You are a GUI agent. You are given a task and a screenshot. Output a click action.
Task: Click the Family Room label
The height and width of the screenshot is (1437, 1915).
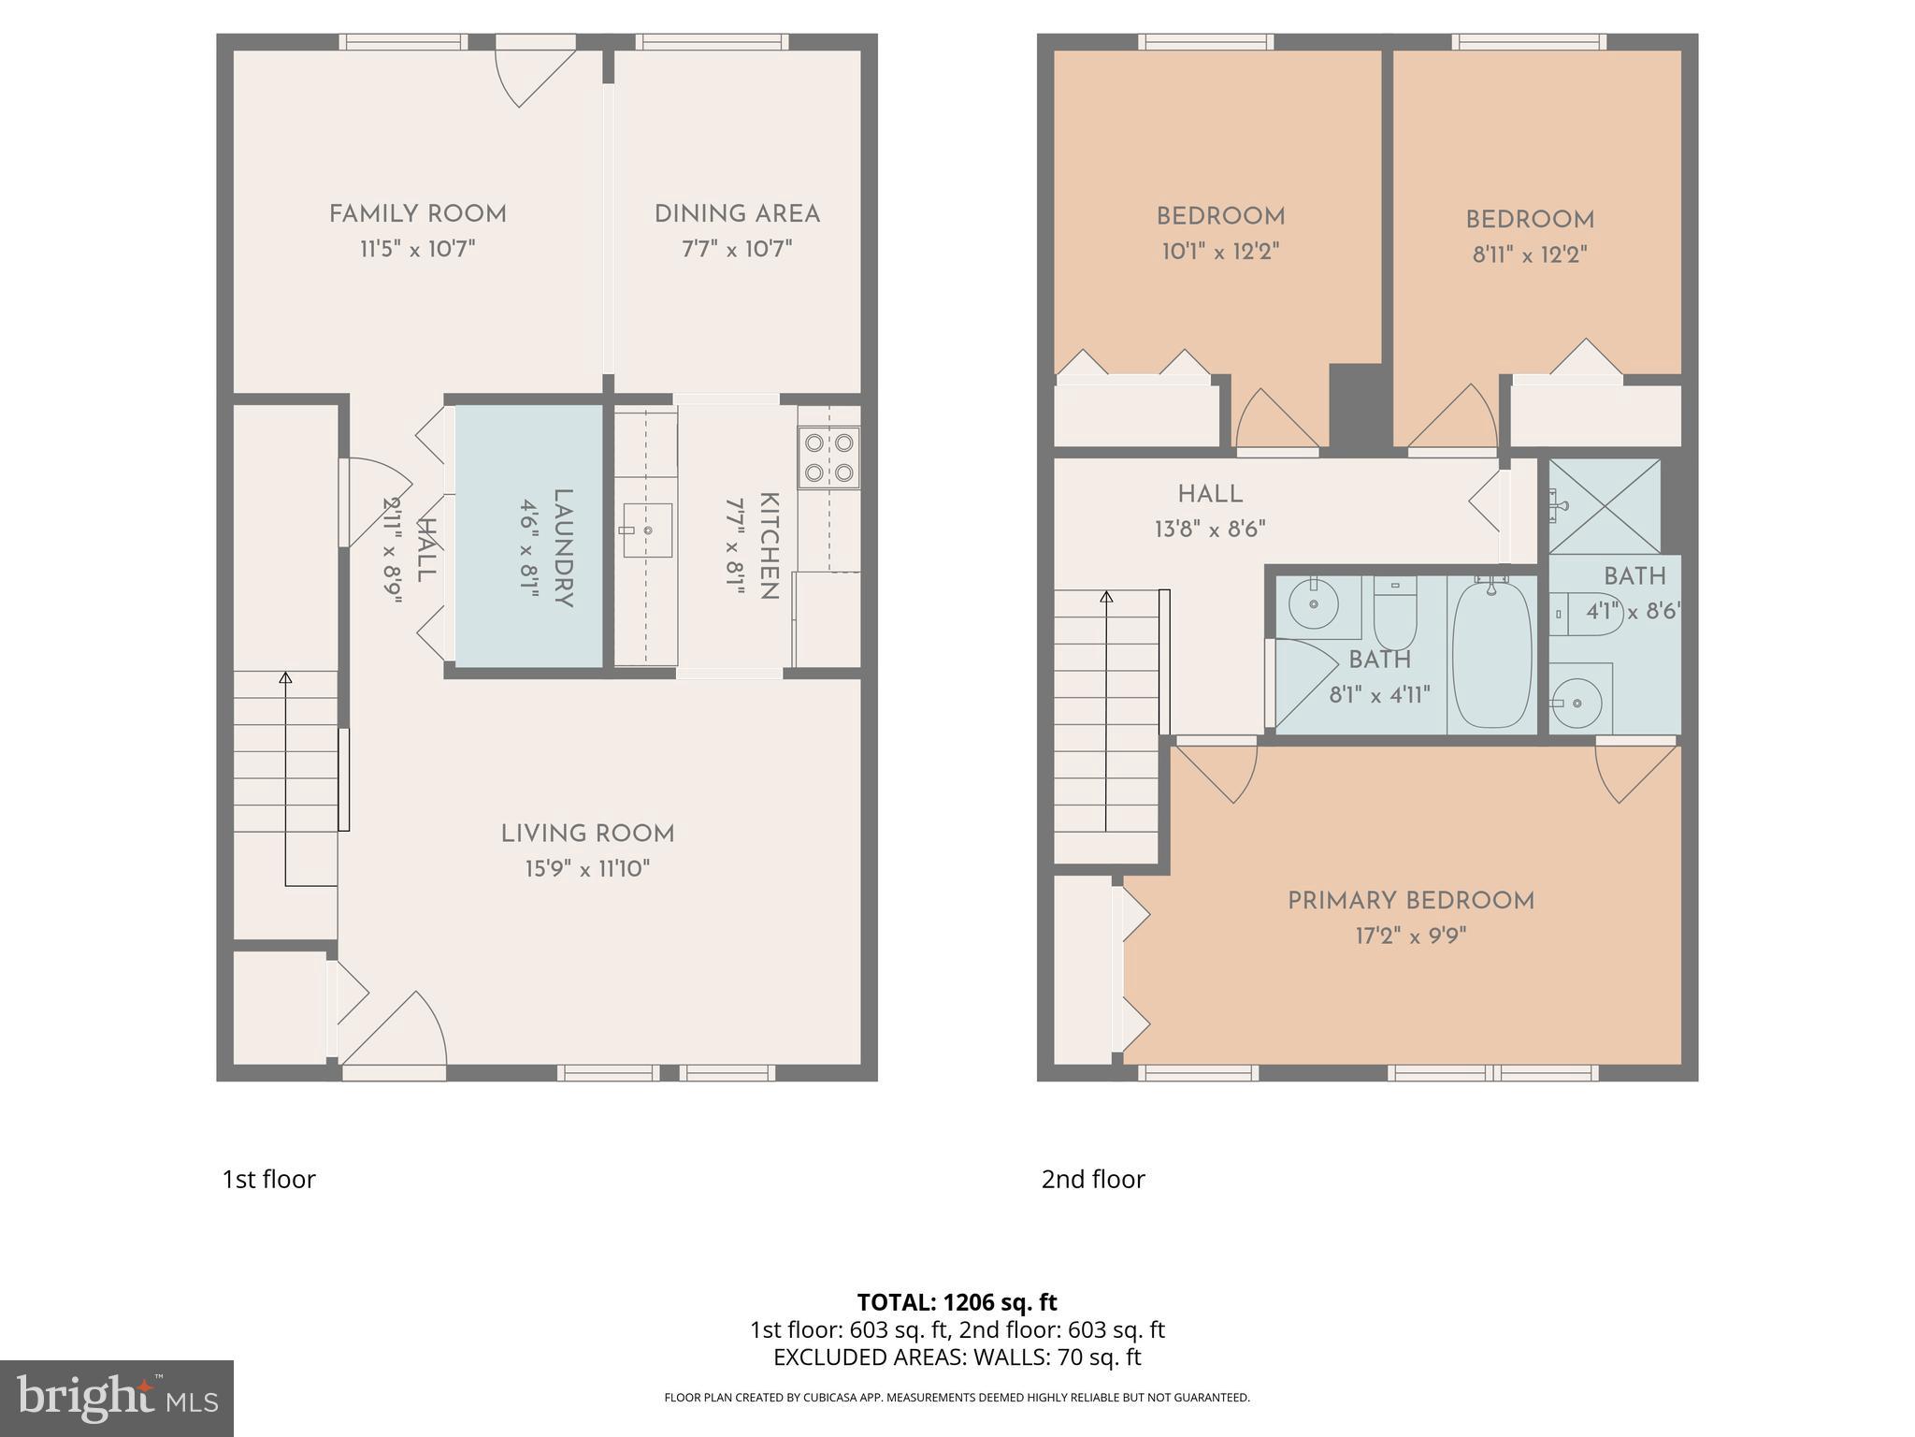[417, 214]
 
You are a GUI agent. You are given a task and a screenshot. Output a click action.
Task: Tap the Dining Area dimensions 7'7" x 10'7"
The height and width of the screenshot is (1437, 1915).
[737, 249]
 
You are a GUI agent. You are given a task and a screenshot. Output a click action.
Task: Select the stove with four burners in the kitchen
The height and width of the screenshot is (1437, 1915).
[828, 457]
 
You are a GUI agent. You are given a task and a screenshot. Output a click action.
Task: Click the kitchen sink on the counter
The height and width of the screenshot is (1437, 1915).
[647, 530]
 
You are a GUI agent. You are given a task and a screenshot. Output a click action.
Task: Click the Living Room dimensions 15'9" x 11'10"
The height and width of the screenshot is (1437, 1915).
[586, 869]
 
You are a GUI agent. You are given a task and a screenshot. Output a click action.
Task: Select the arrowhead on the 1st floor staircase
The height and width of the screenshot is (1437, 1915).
[285, 677]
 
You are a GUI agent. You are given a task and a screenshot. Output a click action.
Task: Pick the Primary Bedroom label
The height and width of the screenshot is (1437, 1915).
[1410, 901]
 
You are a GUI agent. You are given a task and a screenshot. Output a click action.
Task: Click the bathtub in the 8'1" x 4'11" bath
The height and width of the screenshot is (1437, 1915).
[1492, 654]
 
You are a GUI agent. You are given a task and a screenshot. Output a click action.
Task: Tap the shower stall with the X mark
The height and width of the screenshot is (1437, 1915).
[1605, 506]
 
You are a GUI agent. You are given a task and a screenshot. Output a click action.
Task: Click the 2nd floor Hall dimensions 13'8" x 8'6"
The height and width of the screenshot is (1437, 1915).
[1210, 530]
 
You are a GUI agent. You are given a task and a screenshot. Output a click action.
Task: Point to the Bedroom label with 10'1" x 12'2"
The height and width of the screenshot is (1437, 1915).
[1220, 217]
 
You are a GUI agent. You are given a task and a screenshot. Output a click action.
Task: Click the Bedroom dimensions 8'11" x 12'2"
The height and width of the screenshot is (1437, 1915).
[1530, 254]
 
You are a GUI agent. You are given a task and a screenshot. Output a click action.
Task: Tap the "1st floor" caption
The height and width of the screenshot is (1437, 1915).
[268, 1179]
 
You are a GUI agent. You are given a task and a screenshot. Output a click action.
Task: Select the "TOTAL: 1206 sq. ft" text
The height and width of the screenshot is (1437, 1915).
[957, 1301]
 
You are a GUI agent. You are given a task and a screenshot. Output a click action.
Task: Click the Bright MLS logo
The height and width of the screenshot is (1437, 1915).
[117, 1399]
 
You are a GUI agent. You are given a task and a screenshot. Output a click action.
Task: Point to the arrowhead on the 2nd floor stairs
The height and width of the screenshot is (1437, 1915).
[1107, 597]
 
